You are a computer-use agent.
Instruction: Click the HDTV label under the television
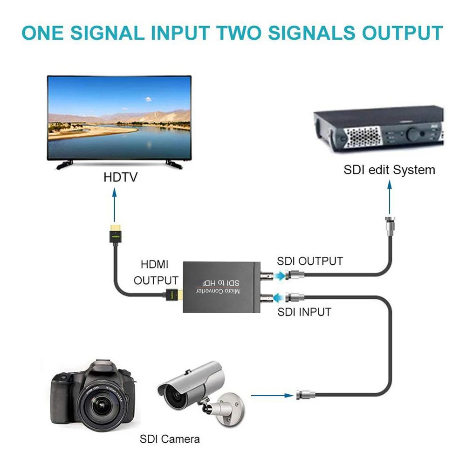120,178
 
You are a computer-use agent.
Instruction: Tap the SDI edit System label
389,170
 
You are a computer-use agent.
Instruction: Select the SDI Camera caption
170,439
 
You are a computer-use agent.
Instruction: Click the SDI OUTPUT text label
310,261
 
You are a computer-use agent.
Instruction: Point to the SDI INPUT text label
304,311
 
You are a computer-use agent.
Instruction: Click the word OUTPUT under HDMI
156,281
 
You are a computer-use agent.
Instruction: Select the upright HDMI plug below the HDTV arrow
115,235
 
